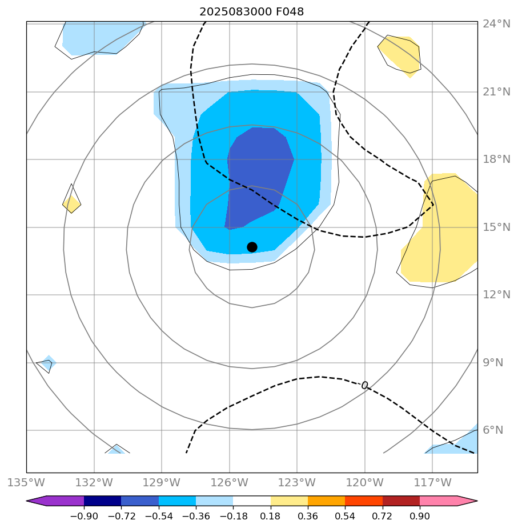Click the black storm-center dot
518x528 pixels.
click(252, 247)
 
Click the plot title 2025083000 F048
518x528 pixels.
click(251, 11)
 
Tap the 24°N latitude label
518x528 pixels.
click(496, 24)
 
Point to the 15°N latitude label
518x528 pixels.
click(496, 227)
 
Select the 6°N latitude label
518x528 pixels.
click(493, 430)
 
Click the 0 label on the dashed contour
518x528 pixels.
click(364, 385)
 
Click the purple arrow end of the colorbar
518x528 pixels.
click(36, 501)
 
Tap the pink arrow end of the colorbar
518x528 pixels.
click(468, 501)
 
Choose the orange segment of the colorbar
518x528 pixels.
click(326, 501)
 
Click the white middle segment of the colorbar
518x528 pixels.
click(252, 501)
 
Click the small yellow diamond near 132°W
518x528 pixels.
click(71, 203)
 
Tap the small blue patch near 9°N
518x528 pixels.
click(47, 362)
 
